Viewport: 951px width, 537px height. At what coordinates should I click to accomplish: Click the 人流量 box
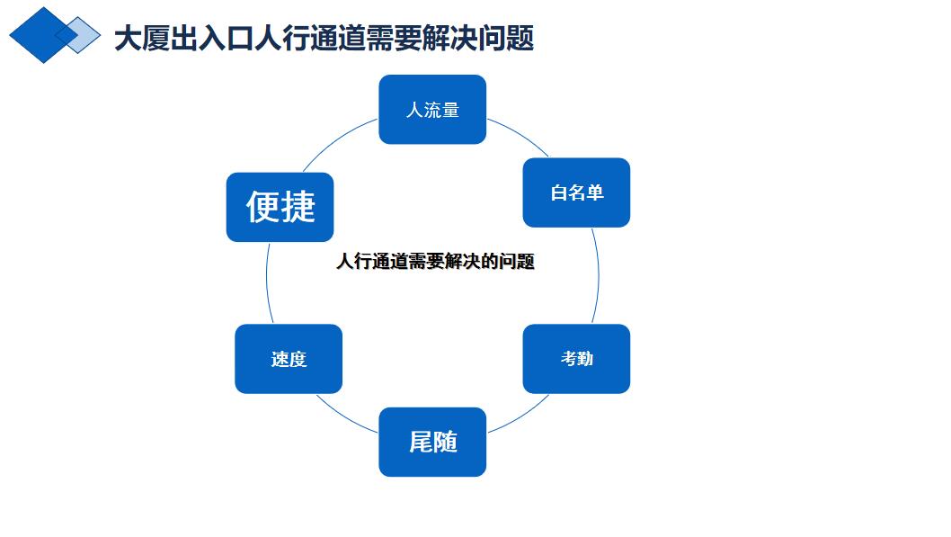[x=432, y=109]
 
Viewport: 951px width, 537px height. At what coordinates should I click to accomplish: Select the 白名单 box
[x=576, y=192]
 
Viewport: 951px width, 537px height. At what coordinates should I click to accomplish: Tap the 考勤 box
[x=576, y=359]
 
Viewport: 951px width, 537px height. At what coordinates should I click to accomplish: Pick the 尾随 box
[x=432, y=442]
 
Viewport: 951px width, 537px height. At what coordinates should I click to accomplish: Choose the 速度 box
[x=289, y=359]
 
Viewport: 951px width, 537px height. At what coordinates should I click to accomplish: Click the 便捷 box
[x=280, y=207]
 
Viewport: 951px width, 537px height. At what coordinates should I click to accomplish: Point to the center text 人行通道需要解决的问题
[x=435, y=262]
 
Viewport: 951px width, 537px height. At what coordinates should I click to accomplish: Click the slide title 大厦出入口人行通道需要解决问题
[x=324, y=38]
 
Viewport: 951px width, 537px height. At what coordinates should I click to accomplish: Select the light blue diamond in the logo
[x=79, y=35]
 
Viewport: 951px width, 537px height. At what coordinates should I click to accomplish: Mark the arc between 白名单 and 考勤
[x=598, y=276]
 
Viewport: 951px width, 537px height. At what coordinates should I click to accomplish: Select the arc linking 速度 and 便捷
[x=267, y=282]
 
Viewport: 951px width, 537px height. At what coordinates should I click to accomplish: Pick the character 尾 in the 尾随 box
[x=421, y=442]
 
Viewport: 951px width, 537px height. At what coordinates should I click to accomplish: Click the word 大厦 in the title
[x=142, y=38]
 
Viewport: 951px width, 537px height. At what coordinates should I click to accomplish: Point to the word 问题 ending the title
[x=506, y=38]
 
